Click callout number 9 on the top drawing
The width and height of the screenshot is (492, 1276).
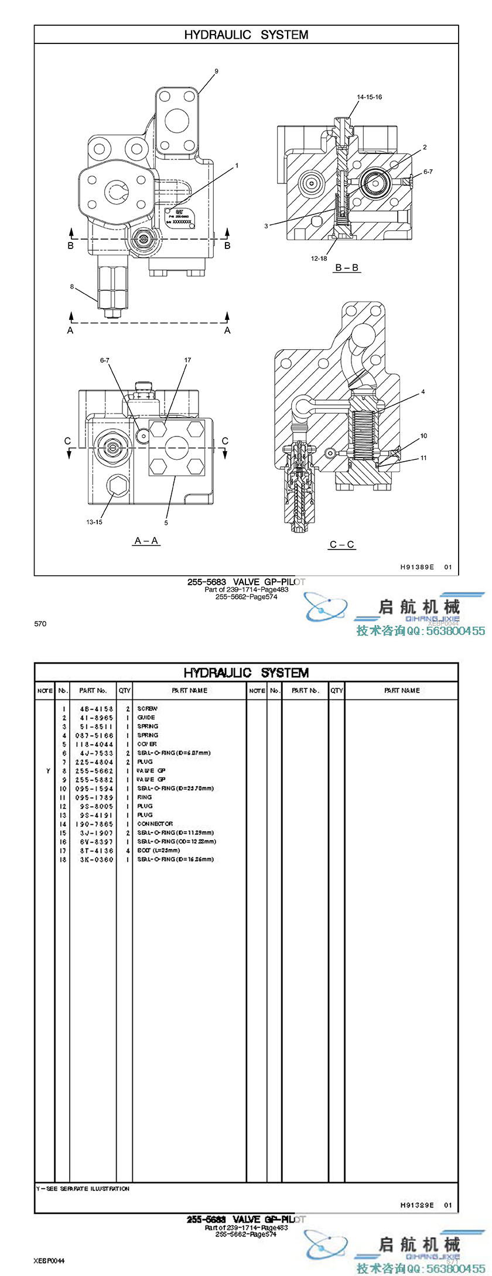pos(216,71)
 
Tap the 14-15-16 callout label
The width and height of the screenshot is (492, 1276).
pos(370,97)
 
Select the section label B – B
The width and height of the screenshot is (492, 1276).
pos(347,268)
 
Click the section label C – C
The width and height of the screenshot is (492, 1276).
pos(342,544)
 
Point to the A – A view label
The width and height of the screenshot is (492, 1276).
pos(146,540)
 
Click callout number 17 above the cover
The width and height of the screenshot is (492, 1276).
pos(188,360)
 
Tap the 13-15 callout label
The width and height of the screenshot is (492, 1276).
pos(94,522)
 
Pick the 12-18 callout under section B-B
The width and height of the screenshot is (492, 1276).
pos(319,258)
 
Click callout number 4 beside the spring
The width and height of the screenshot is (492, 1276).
pos(423,392)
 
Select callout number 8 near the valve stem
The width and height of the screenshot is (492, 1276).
pos(72,286)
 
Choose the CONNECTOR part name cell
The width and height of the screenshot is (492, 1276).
pos(155,824)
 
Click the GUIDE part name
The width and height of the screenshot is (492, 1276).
pos(146,717)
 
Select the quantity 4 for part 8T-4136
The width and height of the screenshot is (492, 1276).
pos(128,851)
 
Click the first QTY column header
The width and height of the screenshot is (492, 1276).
pos(125,691)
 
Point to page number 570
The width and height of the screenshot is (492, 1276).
pos(40,624)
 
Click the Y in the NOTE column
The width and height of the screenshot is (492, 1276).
pos(48,771)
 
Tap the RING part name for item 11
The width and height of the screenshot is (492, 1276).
pos(145,797)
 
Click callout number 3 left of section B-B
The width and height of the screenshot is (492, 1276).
pos(266,226)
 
